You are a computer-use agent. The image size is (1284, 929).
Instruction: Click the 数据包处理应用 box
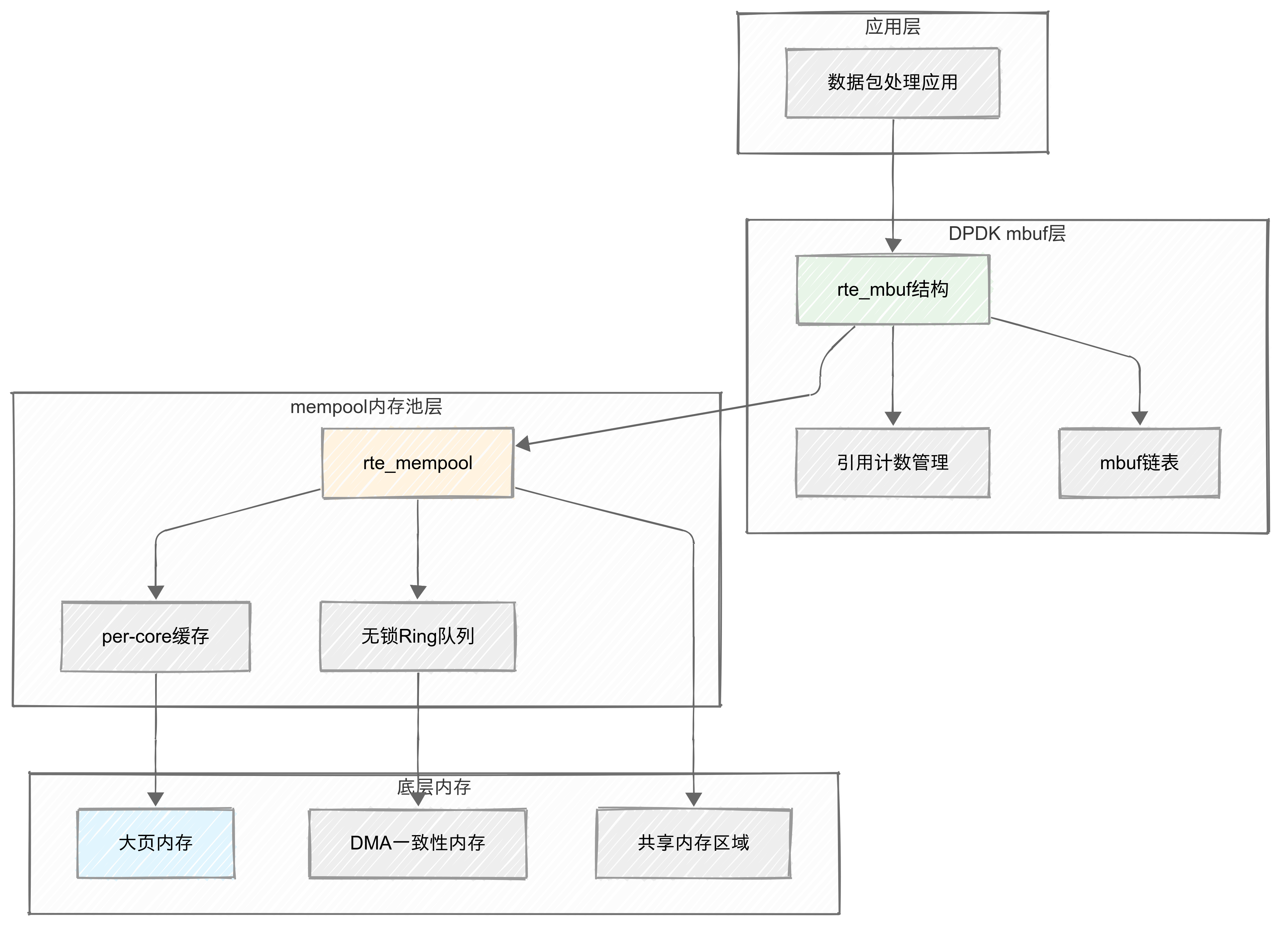point(892,83)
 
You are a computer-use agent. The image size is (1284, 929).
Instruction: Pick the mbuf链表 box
point(1139,463)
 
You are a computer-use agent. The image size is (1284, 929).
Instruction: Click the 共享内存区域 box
point(693,843)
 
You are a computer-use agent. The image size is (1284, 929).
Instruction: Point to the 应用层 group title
point(892,27)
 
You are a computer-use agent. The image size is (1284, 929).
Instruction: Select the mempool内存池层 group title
point(366,407)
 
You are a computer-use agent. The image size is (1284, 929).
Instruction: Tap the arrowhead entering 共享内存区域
point(693,799)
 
